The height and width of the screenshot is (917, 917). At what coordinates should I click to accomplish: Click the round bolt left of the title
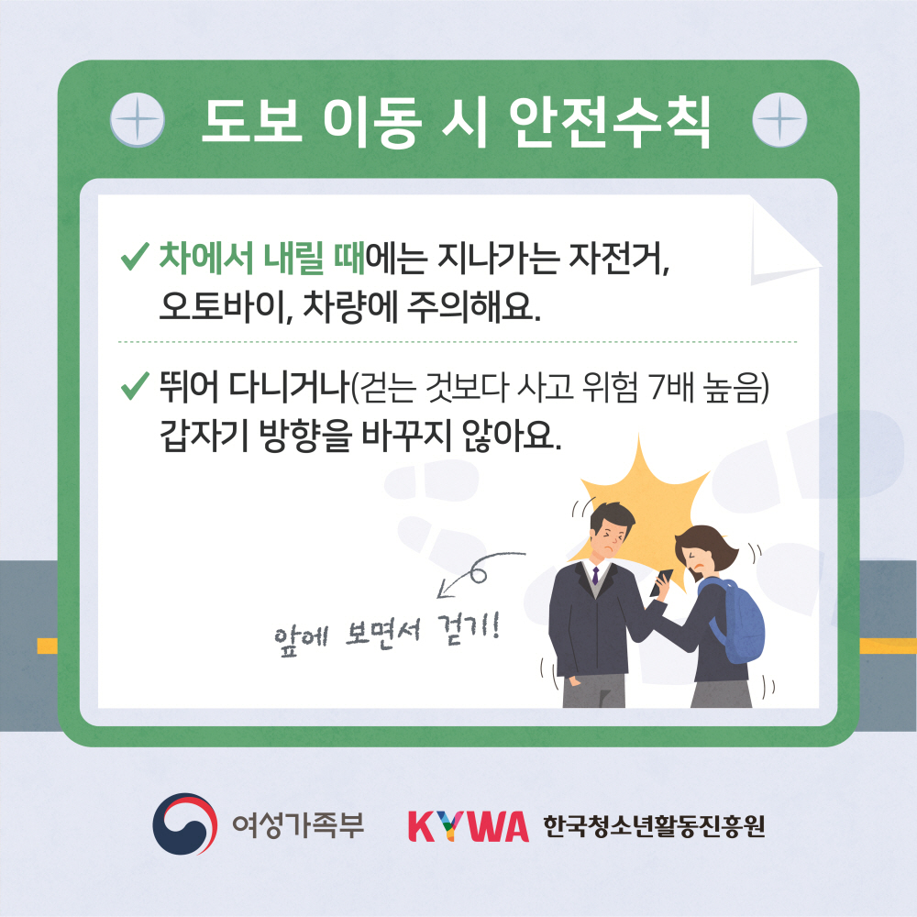coord(137,120)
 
